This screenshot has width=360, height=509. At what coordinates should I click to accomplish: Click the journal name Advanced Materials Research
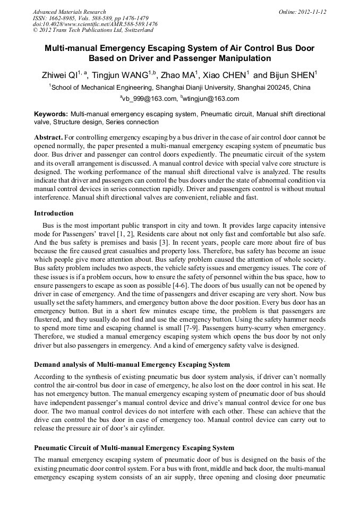[69, 12]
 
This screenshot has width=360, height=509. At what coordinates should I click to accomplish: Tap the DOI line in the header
[95, 24]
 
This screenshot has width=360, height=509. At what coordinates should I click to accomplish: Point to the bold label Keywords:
[51, 114]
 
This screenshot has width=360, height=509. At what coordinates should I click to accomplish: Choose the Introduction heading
[54, 213]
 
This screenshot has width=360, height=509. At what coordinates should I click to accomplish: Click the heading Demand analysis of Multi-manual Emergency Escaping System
[132, 365]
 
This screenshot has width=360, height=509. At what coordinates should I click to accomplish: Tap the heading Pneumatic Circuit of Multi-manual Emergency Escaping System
[134, 448]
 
